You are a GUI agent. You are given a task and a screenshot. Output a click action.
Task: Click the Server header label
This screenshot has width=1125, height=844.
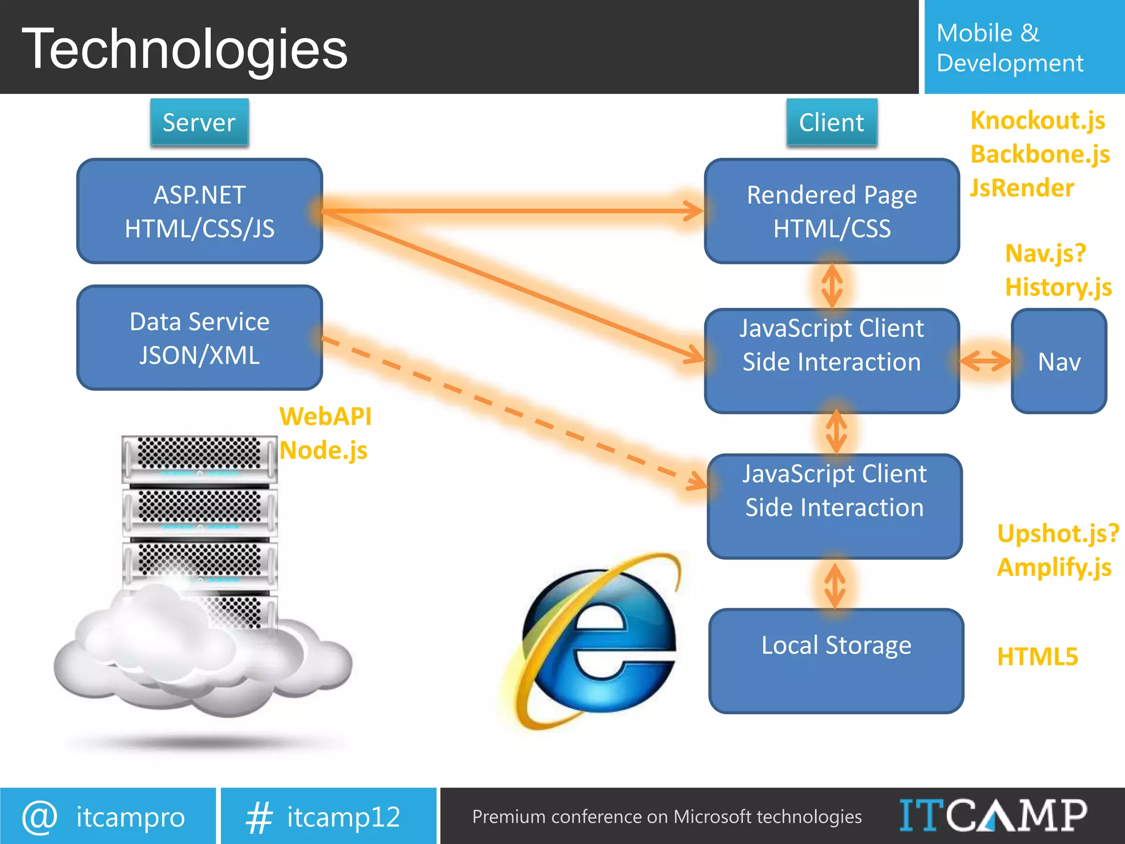pos(199,123)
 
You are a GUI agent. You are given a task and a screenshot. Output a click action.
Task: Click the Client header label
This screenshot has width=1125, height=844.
pos(831,123)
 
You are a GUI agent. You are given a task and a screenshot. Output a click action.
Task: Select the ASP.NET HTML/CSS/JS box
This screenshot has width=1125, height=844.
pos(199,212)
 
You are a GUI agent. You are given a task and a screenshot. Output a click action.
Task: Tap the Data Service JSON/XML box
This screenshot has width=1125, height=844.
pos(199,338)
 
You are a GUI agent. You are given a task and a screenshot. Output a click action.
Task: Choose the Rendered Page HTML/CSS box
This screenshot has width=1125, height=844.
pos(832,212)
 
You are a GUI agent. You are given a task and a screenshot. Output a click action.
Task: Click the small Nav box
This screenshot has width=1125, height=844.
pos(1059,361)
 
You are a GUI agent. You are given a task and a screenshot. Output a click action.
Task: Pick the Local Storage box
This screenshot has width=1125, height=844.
pos(836,660)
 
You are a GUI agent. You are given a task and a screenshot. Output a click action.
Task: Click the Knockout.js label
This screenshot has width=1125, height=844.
pos(1038,120)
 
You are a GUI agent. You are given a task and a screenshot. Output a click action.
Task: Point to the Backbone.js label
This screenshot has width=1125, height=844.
pos(1040,154)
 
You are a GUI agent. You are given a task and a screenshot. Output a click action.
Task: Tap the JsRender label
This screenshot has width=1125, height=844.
pos(1022,188)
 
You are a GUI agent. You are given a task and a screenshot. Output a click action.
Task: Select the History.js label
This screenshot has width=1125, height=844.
pos(1058,287)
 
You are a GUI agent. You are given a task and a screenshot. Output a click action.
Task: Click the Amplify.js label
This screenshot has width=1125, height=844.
pos(1054,567)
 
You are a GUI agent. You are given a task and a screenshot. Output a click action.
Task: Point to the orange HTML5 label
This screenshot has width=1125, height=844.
pos(1037,657)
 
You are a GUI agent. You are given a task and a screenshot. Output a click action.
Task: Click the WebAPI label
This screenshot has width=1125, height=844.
pos(325,417)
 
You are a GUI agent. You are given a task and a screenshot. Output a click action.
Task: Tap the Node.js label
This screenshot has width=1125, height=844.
pos(323,451)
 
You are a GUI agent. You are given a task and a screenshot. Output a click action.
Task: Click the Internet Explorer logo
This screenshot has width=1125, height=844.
pos(596,640)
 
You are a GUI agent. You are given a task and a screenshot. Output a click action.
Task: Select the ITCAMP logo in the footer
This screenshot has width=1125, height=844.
pos(993,816)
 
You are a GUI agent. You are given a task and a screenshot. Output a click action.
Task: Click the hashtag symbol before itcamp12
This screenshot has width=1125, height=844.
pos(259,818)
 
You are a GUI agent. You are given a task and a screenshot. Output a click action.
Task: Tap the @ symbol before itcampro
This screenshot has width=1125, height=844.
pos(40,817)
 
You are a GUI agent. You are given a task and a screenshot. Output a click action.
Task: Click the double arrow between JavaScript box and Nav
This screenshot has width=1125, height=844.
pos(985,361)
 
